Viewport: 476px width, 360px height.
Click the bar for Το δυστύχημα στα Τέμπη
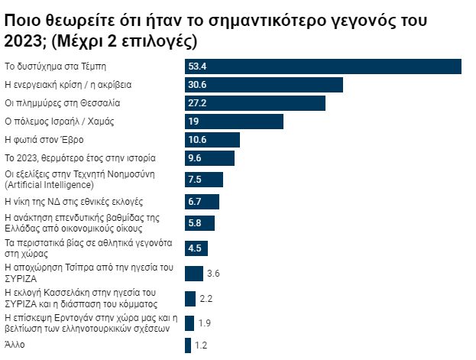[x=322, y=66]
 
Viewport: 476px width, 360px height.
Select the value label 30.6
[x=197, y=85]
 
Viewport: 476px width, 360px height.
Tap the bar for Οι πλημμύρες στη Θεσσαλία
[x=255, y=103]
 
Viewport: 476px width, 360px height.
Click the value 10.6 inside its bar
[x=197, y=140]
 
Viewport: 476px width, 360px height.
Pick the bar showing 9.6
[x=209, y=158]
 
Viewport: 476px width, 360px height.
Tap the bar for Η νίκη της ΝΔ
[x=202, y=202]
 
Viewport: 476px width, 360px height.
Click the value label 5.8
[x=195, y=223]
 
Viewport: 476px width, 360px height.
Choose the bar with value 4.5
[x=196, y=248]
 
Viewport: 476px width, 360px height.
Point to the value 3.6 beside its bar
[x=214, y=274]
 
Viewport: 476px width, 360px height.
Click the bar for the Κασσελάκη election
[x=189, y=298]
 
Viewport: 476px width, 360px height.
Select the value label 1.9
[x=205, y=323]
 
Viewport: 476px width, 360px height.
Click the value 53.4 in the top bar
[x=198, y=66]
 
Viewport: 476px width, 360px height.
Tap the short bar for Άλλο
[x=188, y=345]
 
